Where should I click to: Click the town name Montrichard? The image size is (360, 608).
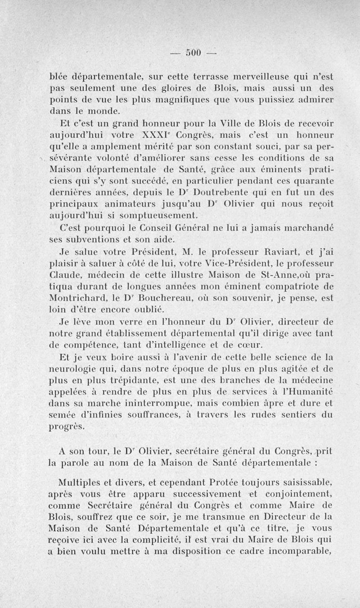pyautogui.click(x=88, y=297)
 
